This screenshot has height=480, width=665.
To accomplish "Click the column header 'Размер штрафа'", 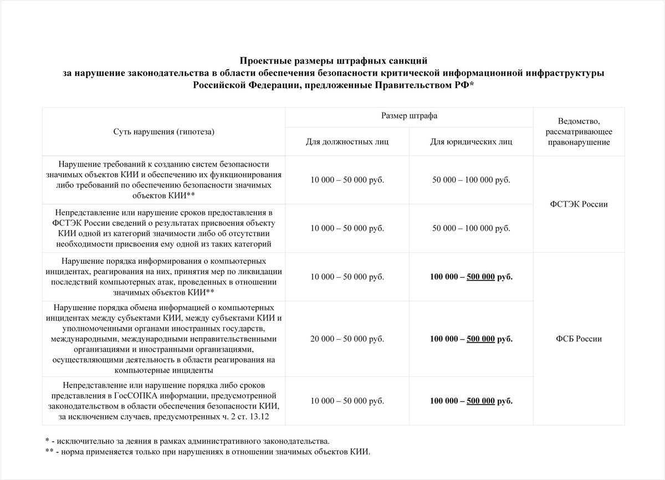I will tap(409, 117).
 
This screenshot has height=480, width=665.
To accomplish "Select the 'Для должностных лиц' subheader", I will tap(347, 142).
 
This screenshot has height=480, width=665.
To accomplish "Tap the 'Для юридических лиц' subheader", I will tap(471, 142).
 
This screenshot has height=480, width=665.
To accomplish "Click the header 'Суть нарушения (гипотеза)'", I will tap(163, 131).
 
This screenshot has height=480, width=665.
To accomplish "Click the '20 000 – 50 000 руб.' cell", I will tap(347, 339).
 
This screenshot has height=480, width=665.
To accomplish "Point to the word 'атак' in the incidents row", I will tap(152, 282).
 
